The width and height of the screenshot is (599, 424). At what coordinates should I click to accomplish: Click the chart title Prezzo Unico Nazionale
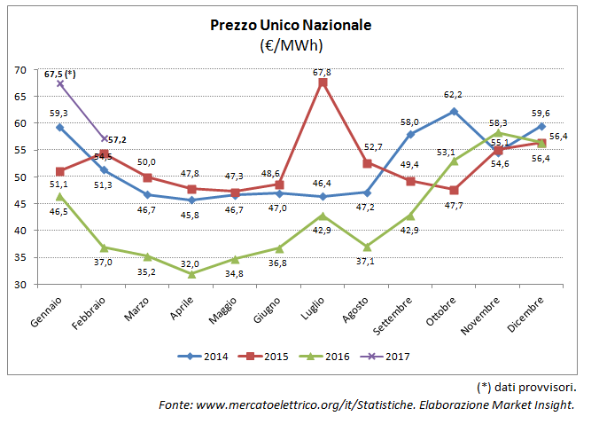(x=291, y=25)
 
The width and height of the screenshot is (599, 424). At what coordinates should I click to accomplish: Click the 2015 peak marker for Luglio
(x=323, y=82)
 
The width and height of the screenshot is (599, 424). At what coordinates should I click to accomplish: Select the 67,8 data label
(x=323, y=72)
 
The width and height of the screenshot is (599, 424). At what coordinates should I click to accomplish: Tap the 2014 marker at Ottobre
(x=454, y=112)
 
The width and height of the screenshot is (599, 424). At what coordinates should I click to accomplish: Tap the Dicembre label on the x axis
(x=525, y=310)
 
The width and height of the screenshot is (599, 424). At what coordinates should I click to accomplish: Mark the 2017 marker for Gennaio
(x=59, y=83)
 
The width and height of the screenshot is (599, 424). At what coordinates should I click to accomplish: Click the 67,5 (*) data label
(x=60, y=73)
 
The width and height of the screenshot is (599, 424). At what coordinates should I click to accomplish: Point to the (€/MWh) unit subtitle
(x=291, y=44)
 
